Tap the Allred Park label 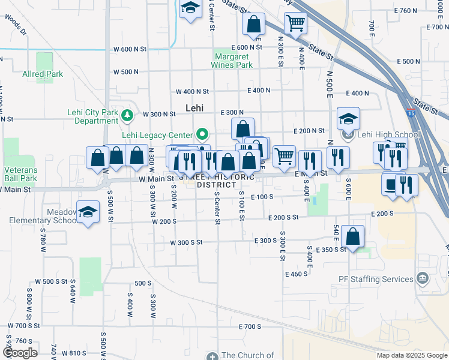(x=43, y=74)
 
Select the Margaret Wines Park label (x=232, y=61)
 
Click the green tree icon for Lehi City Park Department (x=127, y=115)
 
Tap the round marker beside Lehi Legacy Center (x=203, y=134)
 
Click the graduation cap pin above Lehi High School (x=348, y=118)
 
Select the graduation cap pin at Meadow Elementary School (x=88, y=212)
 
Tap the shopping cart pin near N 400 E (x=295, y=23)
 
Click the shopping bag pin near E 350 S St (x=354, y=236)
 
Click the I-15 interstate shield (x=411, y=113)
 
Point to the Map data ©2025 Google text (x=411, y=355)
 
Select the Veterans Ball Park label (x=21, y=174)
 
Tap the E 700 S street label (x=250, y=326)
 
